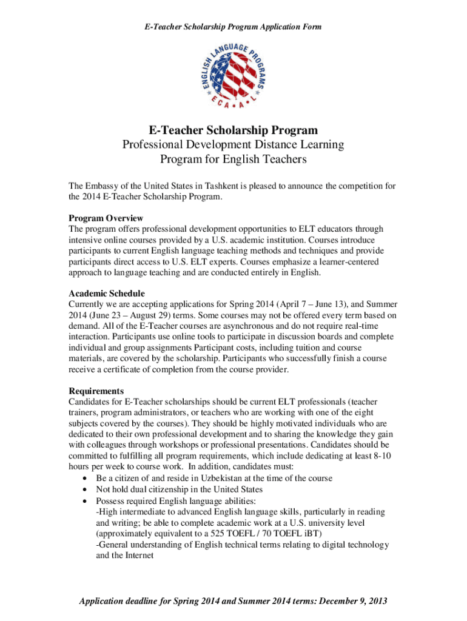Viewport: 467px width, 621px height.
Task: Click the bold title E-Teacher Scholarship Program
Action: pos(233,130)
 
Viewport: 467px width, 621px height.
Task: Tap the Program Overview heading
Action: pos(106,218)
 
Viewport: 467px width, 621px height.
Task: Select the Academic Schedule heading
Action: pos(107,294)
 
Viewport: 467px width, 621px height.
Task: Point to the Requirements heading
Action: pos(96,391)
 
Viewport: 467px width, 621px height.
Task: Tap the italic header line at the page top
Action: pos(233,26)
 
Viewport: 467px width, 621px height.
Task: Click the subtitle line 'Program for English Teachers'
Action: pos(233,159)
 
